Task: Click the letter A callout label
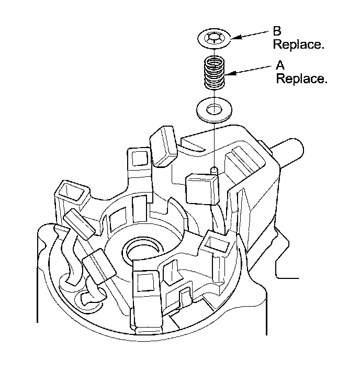coord(280,65)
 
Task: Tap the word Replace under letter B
coord(298,44)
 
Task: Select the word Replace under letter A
coord(301,80)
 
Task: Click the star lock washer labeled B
coord(215,38)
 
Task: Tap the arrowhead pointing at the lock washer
coord(234,38)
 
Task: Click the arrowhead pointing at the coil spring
coord(231,73)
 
